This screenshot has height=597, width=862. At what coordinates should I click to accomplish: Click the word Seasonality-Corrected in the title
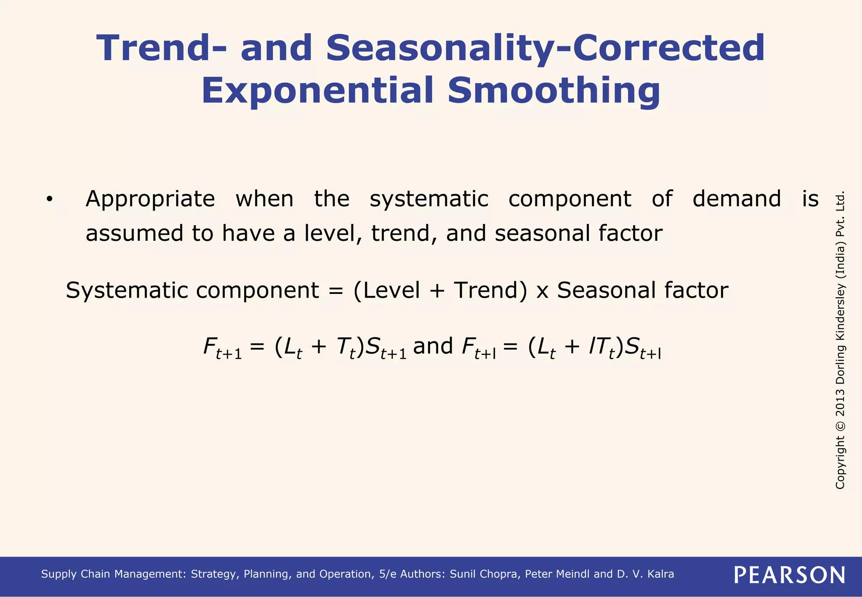coord(545,48)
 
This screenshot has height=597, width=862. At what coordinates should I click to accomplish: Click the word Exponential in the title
coord(318,91)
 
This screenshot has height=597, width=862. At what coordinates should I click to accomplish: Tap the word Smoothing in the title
coord(553,91)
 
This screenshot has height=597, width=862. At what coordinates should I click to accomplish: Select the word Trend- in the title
coord(162,48)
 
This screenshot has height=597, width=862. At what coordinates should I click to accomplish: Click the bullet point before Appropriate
coord(50,199)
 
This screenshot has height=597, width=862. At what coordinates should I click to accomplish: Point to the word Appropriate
coord(150,199)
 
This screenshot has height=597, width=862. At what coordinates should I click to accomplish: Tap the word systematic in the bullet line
coord(429,199)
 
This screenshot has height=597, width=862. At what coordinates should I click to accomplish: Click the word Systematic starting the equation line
coord(126,291)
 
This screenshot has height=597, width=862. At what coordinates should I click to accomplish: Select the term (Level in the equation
coord(386,291)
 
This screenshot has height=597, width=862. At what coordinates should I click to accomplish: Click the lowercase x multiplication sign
coord(542,291)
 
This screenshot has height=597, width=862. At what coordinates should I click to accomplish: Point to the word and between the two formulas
coord(433,346)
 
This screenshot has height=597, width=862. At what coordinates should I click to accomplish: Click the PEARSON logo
coord(790,575)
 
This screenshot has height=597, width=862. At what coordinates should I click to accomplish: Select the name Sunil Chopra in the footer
coord(485,574)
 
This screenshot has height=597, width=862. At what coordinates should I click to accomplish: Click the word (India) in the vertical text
coord(840,260)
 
